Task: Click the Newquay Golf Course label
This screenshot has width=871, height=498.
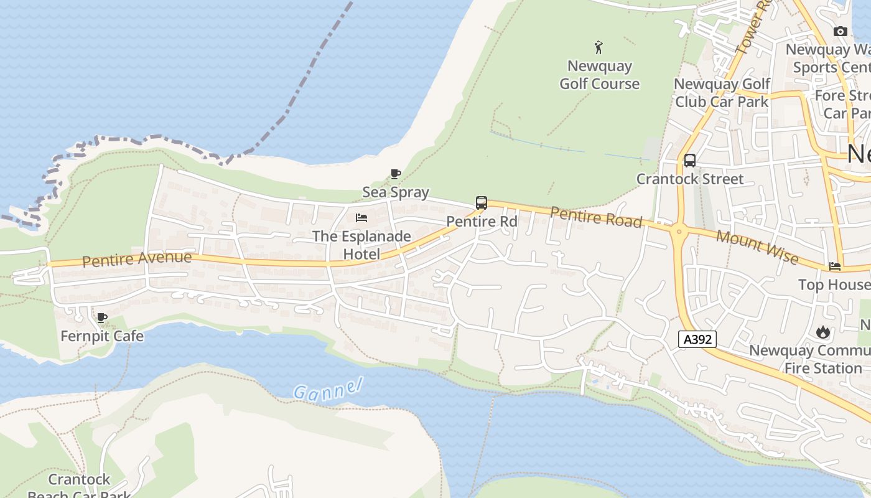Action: [599, 75]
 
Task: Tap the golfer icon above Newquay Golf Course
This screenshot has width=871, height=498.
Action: [599, 47]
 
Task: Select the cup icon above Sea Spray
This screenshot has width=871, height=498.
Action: [395, 174]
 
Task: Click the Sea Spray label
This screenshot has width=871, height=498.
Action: [396, 192]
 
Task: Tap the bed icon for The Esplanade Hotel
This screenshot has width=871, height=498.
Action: [361, 218]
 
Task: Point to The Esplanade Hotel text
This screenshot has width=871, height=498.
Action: [361, 245]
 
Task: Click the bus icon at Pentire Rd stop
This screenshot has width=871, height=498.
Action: [482, 202]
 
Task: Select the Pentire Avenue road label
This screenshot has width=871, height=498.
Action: [137, 258]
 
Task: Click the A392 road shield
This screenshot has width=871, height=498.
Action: [697, 339]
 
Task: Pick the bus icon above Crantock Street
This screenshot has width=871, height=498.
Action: [689, 161]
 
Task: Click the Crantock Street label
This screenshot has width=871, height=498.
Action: [689, 179]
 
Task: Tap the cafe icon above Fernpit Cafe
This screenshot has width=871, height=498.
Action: [102, 318]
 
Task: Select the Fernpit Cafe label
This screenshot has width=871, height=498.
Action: [102, 336]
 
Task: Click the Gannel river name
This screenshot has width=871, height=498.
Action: [327, 389]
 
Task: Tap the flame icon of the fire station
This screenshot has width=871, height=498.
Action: [823, 332]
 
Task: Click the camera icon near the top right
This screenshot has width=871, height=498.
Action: [840, 31]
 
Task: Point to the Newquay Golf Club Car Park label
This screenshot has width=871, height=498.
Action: [722, 92]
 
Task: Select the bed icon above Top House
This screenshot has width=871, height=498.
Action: [835, 266]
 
